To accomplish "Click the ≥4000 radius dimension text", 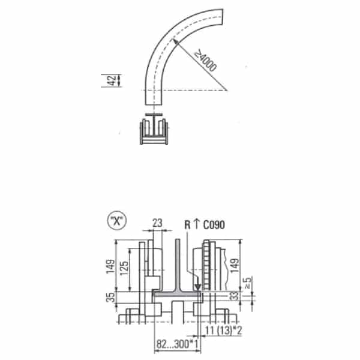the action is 205,61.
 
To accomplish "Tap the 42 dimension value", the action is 112,80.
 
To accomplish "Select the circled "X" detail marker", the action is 117,221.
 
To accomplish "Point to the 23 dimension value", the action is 157,223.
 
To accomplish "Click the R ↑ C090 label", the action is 205,224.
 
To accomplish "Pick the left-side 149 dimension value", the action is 110,266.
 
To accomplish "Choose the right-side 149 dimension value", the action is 235,266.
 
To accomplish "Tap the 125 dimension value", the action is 124,268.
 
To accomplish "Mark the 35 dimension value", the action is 111,298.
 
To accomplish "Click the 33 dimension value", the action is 234,296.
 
